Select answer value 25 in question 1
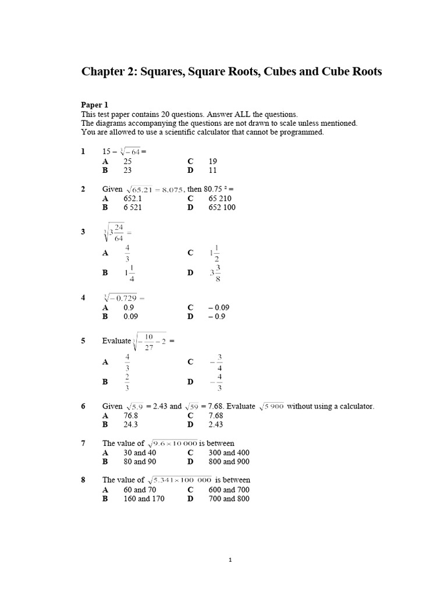click(x=127, y=161)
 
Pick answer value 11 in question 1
click(x=212, y=170)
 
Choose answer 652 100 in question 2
click(x=222, y=207)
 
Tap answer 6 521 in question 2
click(x=133, y=207)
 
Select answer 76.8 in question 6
click(x=132, y=416)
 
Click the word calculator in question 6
click(x=356, y=406)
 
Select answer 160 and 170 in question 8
click(x=144, y=498)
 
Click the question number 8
click(x=84, y=480)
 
